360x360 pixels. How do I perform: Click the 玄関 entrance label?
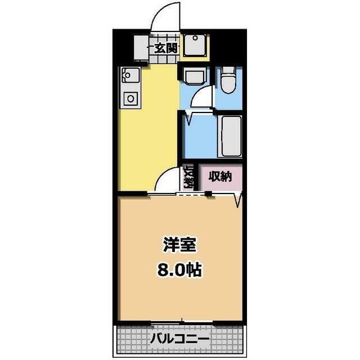click(166, 48)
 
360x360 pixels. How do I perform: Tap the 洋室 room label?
click(179, 245)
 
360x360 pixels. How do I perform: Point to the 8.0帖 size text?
click(179, 271)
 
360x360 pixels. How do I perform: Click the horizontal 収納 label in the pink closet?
click(220, 177)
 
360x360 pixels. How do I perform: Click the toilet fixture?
click(228, 80)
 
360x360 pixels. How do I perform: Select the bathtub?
click(231, 136)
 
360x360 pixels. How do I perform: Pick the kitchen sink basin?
click(130, 75)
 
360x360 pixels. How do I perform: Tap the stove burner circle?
click(130, 99)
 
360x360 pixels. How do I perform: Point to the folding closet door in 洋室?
click(238, 200)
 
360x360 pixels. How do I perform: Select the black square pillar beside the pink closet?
click(208, 193)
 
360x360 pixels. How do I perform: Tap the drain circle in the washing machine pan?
click(195, 38)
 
